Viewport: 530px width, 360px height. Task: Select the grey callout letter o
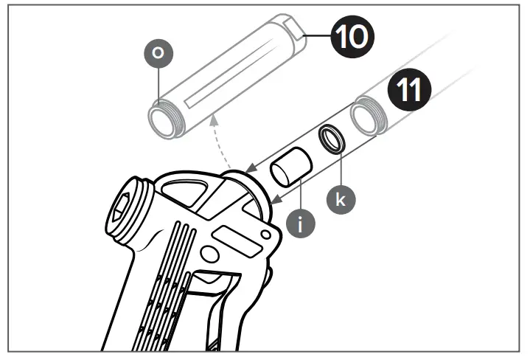(156, 54)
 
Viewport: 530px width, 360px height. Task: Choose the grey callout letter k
(341, 198)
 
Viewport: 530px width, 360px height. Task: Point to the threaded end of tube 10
(163, 121)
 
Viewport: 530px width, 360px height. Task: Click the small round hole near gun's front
(264, 234)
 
